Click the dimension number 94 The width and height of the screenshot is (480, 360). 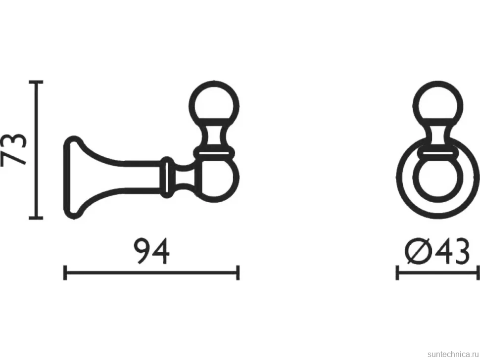(152, 251)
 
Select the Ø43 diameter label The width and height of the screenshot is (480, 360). (437, 251)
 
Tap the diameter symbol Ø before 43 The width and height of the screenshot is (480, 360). (418, 251)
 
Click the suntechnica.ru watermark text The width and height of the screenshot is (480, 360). (453, 354)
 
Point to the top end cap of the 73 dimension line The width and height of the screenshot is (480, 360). (36, 82)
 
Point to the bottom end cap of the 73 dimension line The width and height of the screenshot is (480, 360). (36, 218)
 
